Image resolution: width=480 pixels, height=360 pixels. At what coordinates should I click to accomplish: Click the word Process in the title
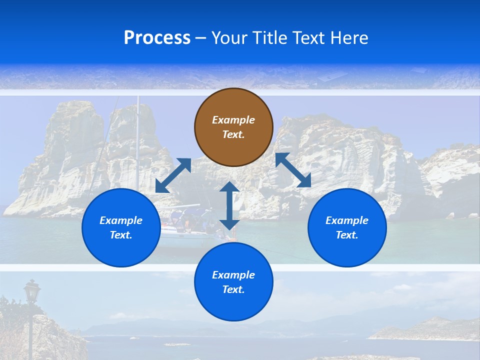(x=157, y=38)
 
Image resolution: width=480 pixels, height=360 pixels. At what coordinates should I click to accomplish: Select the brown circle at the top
(x=233, y=127)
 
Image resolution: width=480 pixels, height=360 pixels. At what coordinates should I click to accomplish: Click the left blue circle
(x=121, y=227)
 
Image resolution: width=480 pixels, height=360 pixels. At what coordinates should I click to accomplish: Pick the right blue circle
(x=347, y=227)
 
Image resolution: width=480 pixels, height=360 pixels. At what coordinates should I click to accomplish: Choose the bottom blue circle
(x=233, y=282)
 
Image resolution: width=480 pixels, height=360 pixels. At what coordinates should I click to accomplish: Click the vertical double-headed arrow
(x=229, y=205)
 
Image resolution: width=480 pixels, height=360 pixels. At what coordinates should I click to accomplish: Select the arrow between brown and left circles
(x=173, y=175)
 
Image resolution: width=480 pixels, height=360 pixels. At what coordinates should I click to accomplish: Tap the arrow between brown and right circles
(x=293, y=170)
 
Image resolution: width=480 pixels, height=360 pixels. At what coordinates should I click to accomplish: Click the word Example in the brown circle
(x=233, y=120)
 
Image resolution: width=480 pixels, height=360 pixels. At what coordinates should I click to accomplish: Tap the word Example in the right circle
(x=347, y=220)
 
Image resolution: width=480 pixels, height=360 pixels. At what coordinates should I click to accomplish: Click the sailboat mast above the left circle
(x=137, y=135)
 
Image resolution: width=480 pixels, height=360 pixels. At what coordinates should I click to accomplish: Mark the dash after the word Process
(x=200, y=38)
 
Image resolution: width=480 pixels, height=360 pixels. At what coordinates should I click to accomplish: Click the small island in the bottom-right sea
(x=425, y=327)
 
